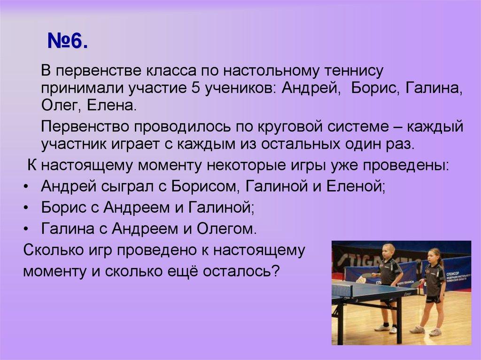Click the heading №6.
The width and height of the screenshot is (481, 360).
(68, 41)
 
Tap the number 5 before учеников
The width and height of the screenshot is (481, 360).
(195, 88)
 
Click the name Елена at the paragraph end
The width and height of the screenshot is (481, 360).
(111, 106)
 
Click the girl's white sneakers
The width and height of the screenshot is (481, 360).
(426, 331)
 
